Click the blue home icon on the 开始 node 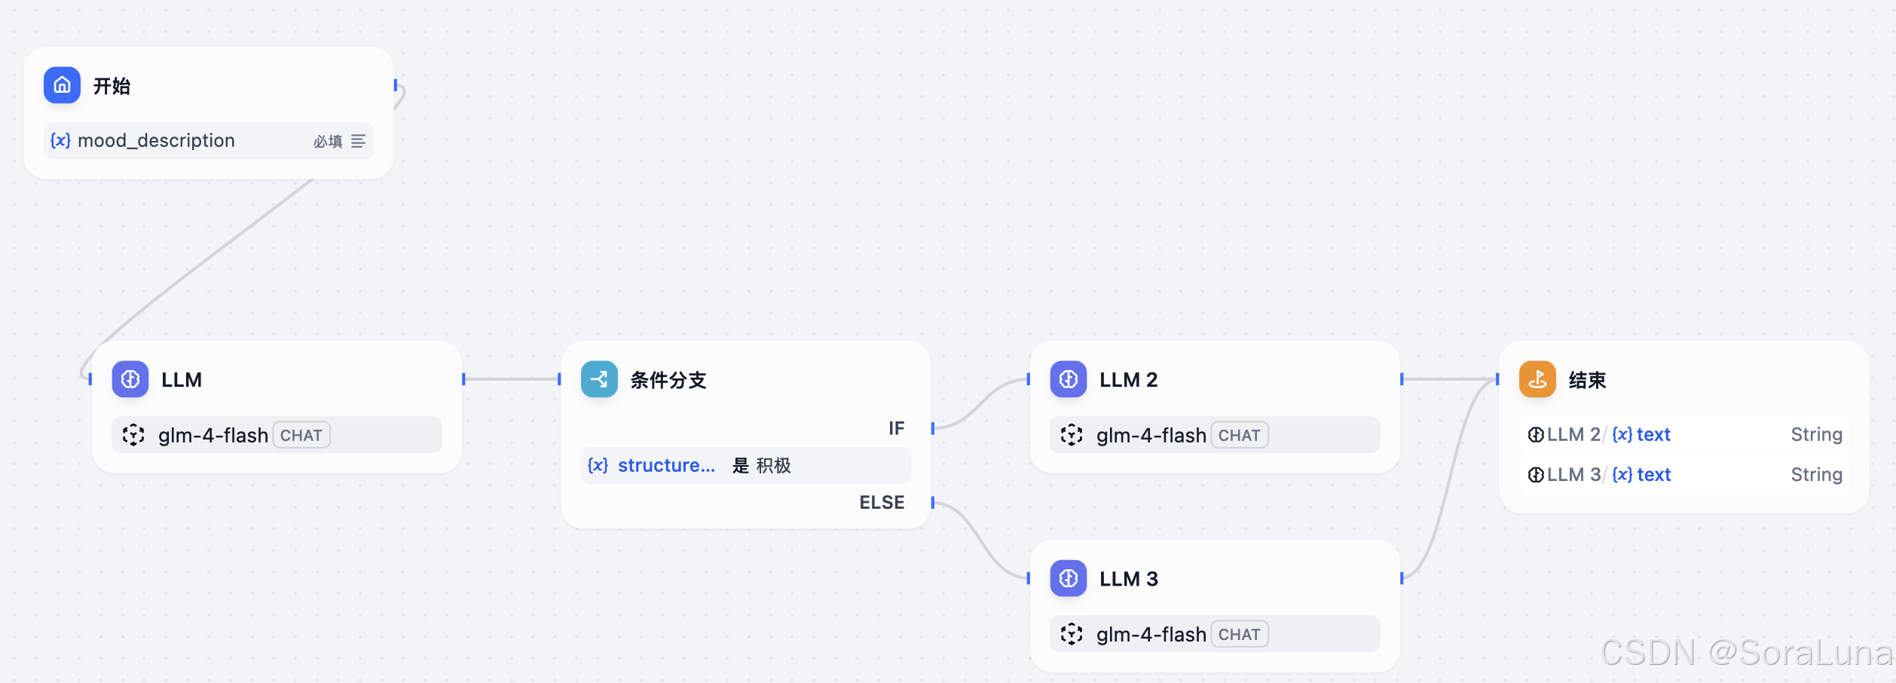click(62, 85)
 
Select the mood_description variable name click(156, 141)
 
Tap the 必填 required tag click(328, 142)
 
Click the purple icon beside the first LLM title click(130, 379)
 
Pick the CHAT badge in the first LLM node click(301, 435)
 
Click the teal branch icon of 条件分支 click(599, 379)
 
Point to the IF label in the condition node click(896, 428)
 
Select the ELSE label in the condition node click(882, 502)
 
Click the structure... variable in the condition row click(666, 466)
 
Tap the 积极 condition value click(773, 466)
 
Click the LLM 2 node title click(1128, 380)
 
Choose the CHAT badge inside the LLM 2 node click(1239, 435)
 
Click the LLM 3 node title click(1128, 579)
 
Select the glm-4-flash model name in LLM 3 click(1151, 635)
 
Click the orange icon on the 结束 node click(1537, 379)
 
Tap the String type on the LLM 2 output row click(1816, 434)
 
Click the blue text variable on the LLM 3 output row click(1653, 475)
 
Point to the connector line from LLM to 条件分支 click(511, 379)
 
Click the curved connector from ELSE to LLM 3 click(980, 540)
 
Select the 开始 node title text click(112, 86)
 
